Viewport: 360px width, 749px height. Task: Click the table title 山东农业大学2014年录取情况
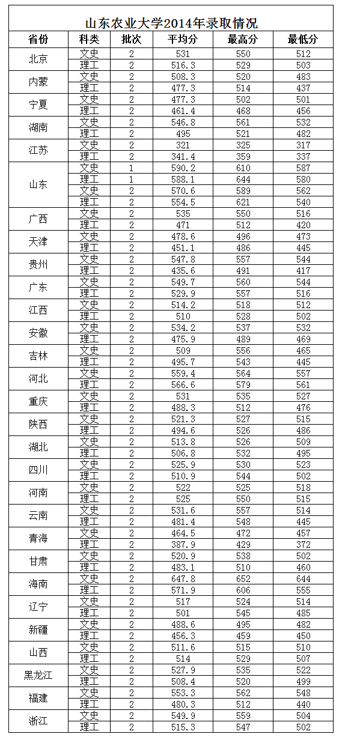click(x=171, y=23)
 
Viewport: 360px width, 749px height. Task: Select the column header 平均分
click(x=183, y=40)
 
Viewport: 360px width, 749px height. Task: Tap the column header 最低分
click(x=303, y=40)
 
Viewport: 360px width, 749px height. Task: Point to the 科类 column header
click(x=89, y=40)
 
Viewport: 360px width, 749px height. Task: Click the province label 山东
click(x=38, y=185)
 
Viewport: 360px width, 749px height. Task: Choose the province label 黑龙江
click(x=38, y=676)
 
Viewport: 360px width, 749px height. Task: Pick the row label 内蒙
click(x=38, y=82)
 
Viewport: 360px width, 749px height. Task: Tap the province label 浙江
click(x=38, y=721)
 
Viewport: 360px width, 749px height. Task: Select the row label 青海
click(x=38, y=539)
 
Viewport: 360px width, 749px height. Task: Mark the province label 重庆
click(x=38, y=402)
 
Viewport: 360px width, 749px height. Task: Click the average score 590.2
click(x=183, y=168)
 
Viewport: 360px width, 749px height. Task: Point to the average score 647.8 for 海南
click(x=183, y=579)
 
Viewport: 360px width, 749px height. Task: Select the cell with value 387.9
click(x=183, y=545)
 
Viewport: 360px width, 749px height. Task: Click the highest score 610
click(x=243, y=168)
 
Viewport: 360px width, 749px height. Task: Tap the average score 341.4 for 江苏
click(x=183, y=157)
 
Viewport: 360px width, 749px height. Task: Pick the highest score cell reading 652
click(x=243, y=579)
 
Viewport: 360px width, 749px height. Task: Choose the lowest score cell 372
click(x=303, y=545)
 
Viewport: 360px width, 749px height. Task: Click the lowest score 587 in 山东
click(x=303, y=168)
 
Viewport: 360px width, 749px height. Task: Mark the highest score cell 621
click(x=243, y=202)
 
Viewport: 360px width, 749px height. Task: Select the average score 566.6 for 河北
click(x=183, y=385)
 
